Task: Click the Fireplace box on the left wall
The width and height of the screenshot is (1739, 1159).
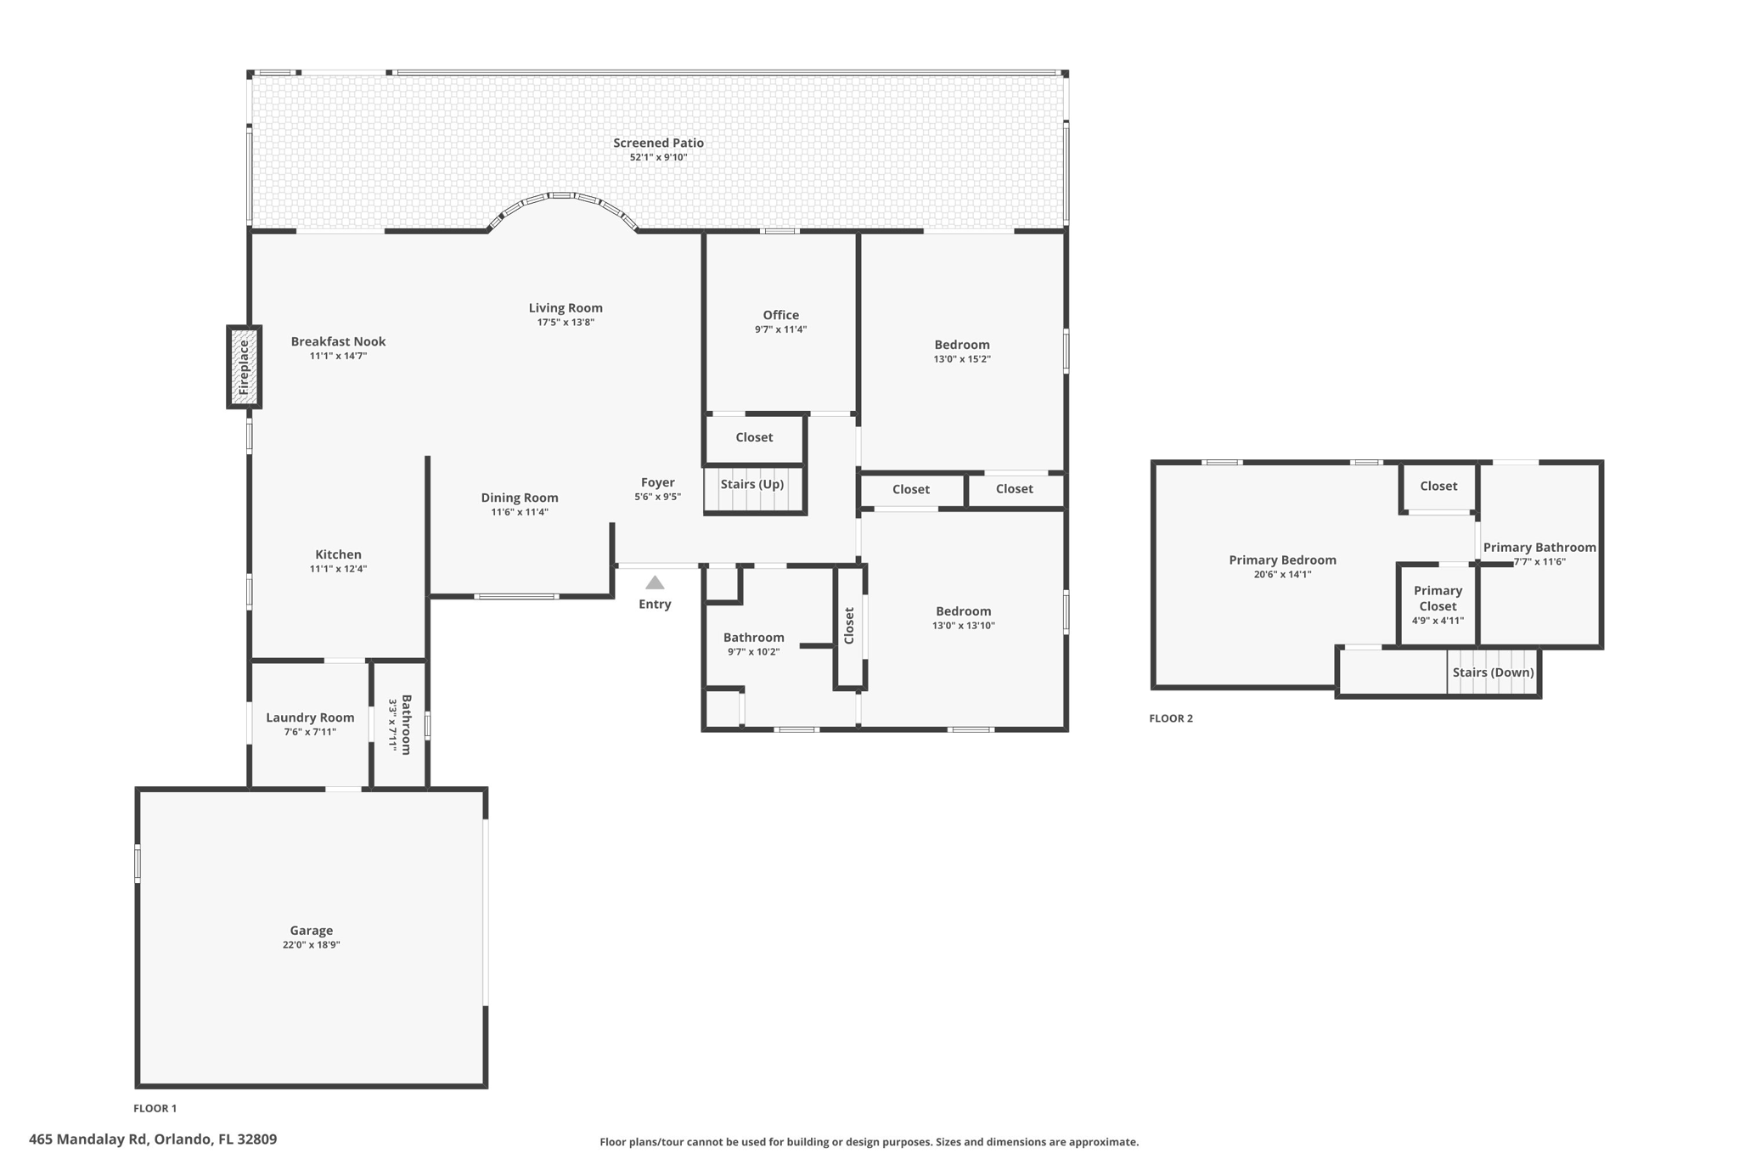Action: [244, 367]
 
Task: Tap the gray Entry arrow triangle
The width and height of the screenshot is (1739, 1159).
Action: [655, 582]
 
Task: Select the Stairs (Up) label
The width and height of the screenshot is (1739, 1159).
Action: [752, 484]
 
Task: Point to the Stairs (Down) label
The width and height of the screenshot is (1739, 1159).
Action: [1493, 672]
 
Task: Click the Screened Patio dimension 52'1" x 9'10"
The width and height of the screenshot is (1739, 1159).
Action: [658, 157]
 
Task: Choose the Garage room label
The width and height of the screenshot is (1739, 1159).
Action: [312, 931]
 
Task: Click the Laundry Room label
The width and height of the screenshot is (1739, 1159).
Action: [310, 717]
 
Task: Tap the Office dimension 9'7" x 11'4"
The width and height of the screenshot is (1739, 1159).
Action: [780, 329]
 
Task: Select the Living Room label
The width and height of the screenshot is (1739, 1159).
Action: [566, 308]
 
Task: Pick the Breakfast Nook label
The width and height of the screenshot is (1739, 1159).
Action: [338, 341]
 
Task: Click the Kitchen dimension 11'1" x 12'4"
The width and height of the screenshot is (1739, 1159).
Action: [338, 569]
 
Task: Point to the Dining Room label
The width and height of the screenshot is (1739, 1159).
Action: [520, 498]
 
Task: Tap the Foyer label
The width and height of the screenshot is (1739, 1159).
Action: [658, 482]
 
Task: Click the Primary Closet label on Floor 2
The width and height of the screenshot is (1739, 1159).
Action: [1438, 599]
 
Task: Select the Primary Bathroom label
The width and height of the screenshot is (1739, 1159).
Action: [1539, 548]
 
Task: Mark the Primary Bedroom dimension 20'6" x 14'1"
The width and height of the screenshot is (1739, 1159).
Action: [1282, 574]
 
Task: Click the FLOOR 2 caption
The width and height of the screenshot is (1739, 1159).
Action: [1171, 718]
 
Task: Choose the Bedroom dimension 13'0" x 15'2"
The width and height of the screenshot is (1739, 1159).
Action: [962, 359]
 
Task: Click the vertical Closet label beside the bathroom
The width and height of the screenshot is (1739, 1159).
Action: [849, 625]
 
